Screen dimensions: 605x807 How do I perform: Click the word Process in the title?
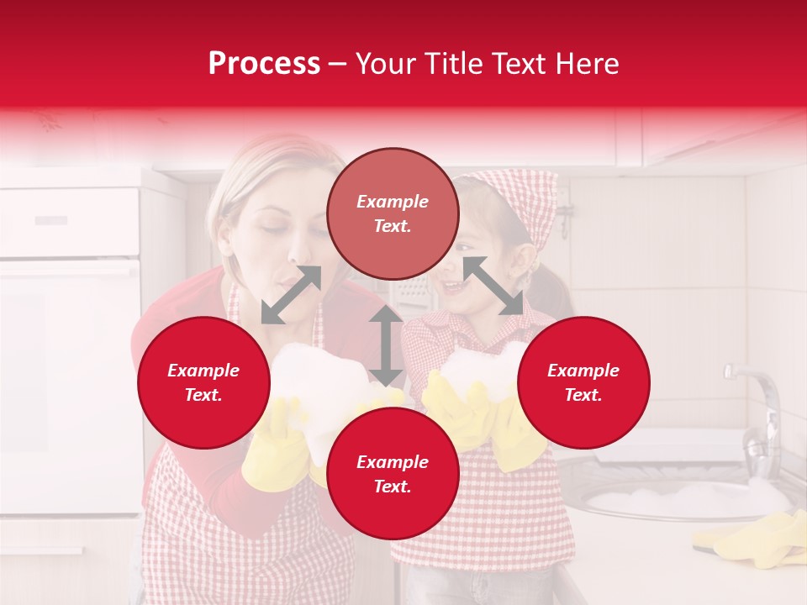(264, 64)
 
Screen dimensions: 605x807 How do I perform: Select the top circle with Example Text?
(393, 213)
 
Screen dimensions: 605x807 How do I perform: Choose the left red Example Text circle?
(203, 382)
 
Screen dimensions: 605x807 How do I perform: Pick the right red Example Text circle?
(583, 382)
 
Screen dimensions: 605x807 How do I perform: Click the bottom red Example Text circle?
(393, 474)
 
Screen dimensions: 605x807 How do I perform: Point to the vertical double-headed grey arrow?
(386, 345)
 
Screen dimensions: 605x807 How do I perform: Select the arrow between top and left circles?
(291, 295)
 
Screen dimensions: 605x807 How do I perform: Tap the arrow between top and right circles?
(493, 286)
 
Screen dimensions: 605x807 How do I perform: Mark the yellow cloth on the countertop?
(752, 538)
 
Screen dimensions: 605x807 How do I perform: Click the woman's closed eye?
(267, 229)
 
